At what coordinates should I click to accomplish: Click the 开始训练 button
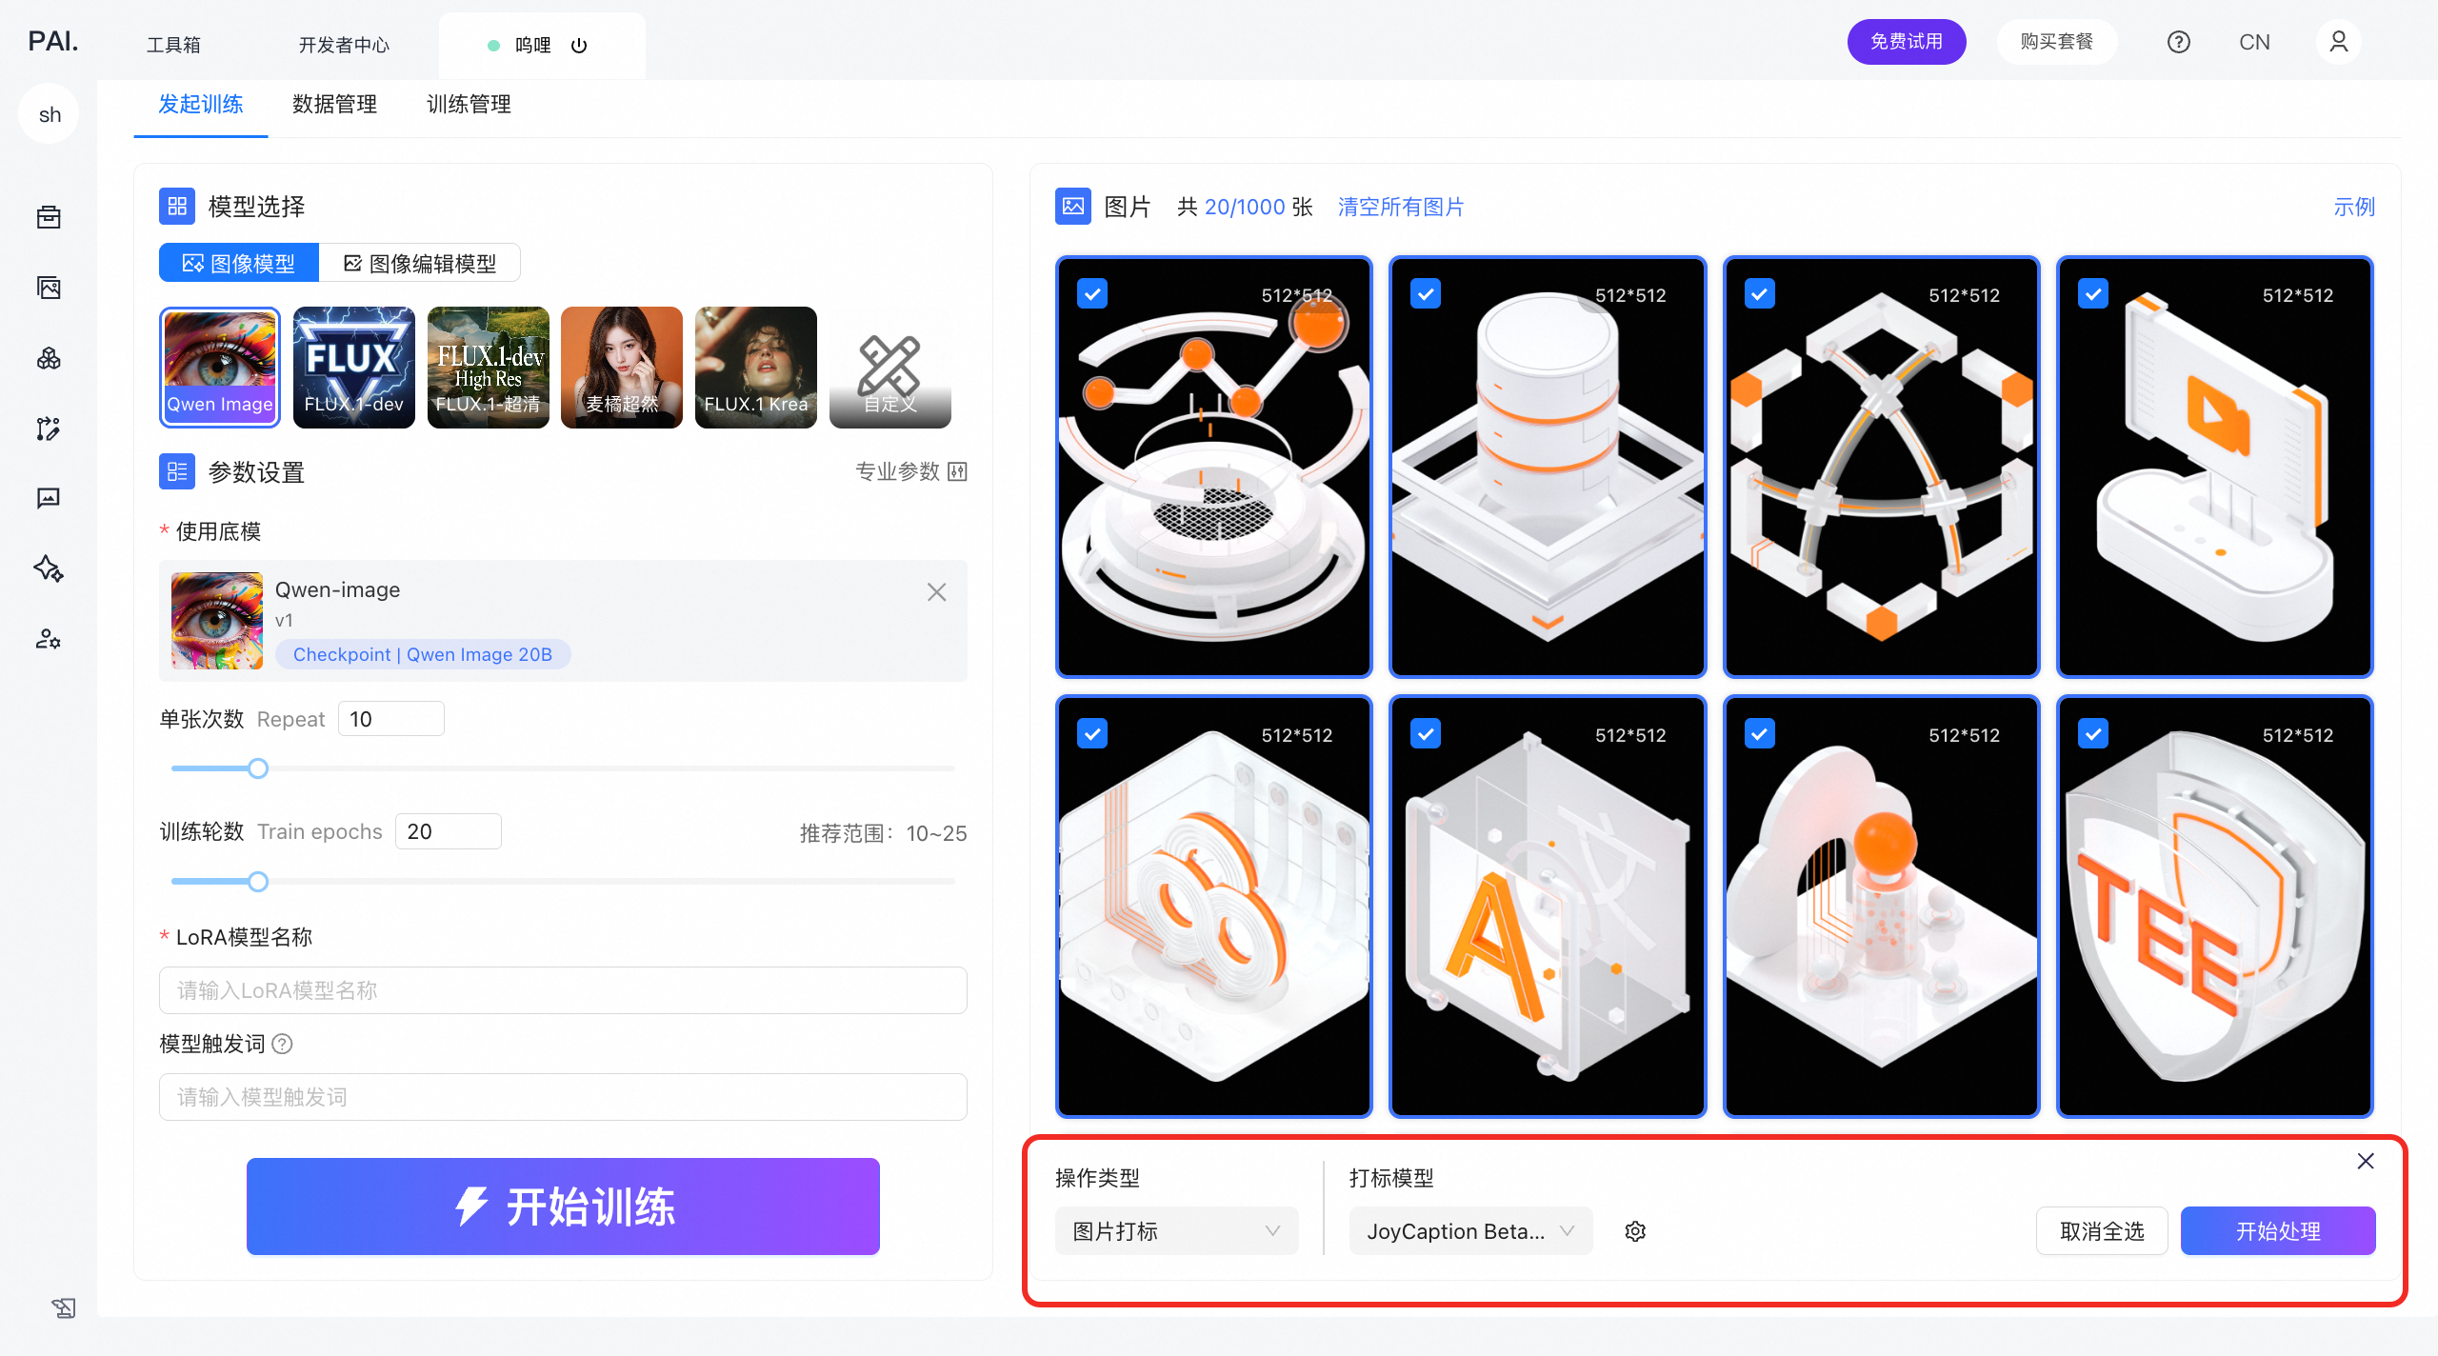pyautogui.click(x=563, y=1206)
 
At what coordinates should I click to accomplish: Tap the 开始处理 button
pyautogui.click(x=2278, y=1231)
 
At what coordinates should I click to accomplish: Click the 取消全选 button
pyautogui.click(x=2102, y=1231)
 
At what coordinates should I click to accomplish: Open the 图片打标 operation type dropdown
pyautogui.click(x=1176, y=1231)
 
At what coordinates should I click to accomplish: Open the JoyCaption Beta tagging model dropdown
pyautogui.click(x=1470, y=1231)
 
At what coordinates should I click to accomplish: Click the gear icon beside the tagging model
pyautogui.click(x=1635, y=1231)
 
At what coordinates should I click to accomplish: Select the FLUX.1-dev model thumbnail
pyautogui.click(x=354, y=368)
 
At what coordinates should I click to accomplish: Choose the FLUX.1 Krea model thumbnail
pyautogui.click(x=756, y=368)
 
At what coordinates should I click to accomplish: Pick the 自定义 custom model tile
pyautogui.click(x=890, y=368)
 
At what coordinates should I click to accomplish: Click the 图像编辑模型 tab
pyautogui.click(x=420, y=263)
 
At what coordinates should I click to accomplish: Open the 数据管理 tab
pyautogui.click(x=335, y=104)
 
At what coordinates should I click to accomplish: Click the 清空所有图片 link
pyautogui.click(x=1401, y=207)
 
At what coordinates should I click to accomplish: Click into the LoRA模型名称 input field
pyautogui.click(x=563, y=990)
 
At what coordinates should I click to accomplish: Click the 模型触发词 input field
pyautogui.click(x=563, y=1097)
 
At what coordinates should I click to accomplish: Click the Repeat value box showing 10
pyautogui.click(x=391, y=719)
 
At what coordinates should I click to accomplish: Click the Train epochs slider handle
pyautogui.click(x=258, y=882)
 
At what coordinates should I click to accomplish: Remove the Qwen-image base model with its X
pyautogui.click(x=937, y=592)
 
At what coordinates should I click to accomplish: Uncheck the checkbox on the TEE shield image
pyautogui.click(x=2093, y=734)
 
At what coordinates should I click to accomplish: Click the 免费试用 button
pyautogui.click(x=1907, y=42)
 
